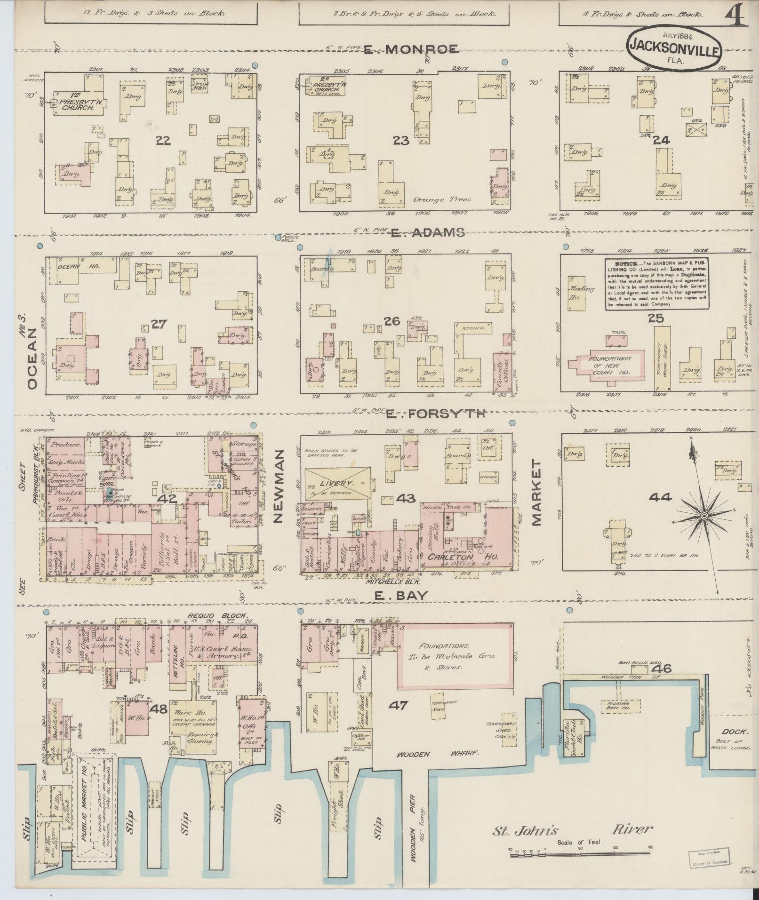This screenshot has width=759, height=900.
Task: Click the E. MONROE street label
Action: pos(411,49)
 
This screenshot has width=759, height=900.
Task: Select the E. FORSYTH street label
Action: pos(435,414)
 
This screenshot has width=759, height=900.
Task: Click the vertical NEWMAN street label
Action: pos(277,486)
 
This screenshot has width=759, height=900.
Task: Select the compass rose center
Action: pos(704,517)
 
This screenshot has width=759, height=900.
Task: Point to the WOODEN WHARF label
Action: pos(438,754)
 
